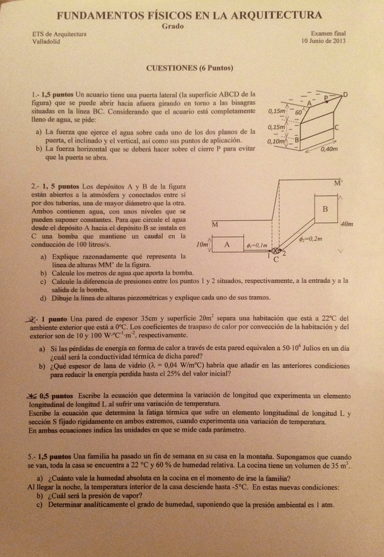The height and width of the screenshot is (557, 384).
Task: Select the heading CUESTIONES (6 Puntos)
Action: point(189,68)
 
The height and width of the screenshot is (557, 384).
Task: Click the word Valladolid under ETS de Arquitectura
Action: point(46,41)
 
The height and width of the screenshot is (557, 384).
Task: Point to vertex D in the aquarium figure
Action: point(346,95)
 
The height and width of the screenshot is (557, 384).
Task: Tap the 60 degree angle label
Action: point(299,113)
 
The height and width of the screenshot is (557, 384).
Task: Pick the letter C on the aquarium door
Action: point(336,127)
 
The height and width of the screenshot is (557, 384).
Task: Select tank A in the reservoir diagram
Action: point(227,244)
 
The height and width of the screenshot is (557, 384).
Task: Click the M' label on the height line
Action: point(338,183)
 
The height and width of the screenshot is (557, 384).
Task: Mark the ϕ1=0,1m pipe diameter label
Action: point(256,245)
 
